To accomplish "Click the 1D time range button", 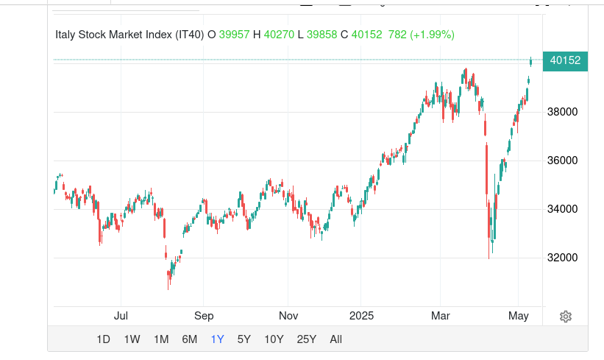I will pyautogui.click(x=104, y=339).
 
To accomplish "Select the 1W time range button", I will pyautogui.click(x=132, y=339).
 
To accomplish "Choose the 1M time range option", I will pyautogui.click(x=161, y=339).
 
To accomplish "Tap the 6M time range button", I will pyautogui.click(x=190, y=339).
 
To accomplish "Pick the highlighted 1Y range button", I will pyautogui.click(x=218, y=339).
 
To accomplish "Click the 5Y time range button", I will pyautogui.click(x=244, y=339).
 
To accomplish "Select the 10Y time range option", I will pyautogui.click(x=274, y=339).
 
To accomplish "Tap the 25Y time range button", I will pyautogui.click(x=306, y=339).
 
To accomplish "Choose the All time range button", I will pyautogui.click(x=336, y=339).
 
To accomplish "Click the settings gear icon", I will pyautogui.click(x=566, y=317).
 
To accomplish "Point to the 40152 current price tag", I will pyautogui.click(x=565, y=61).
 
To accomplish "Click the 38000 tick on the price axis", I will pyautogui.click(x=564, y=112).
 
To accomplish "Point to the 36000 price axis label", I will pyautogui.click(x=564, y=160).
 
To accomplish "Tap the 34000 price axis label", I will pyautogui.click(x=564, y=209).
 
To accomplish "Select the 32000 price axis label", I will pyautogui.click(x=564, y=258).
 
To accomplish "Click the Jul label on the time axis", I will pyautogui.click(x=121, y=316).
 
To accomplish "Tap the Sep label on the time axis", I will pyautogui.click(x=204, y=316).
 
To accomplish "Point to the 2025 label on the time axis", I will pyautogui.click(x=362, y=316).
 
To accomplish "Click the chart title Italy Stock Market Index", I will pyautogui.click(x=129, y=35).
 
